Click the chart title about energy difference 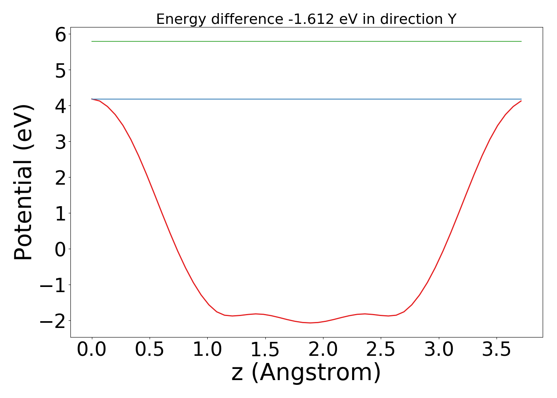(306, 19)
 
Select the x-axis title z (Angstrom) (306, 373)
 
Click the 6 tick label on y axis (60, 35)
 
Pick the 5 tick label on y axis (60, 70)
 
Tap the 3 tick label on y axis (60, 142)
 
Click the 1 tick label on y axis (60, 213)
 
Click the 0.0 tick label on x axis (92, 350)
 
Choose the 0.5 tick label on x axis (150, 350)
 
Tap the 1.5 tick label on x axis (265, 350)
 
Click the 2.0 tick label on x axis (323, 350)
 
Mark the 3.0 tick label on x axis (439, 350)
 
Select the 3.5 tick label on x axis (497, 350)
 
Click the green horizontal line (306, 41)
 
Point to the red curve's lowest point (311, 323)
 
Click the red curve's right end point (521, 101)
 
